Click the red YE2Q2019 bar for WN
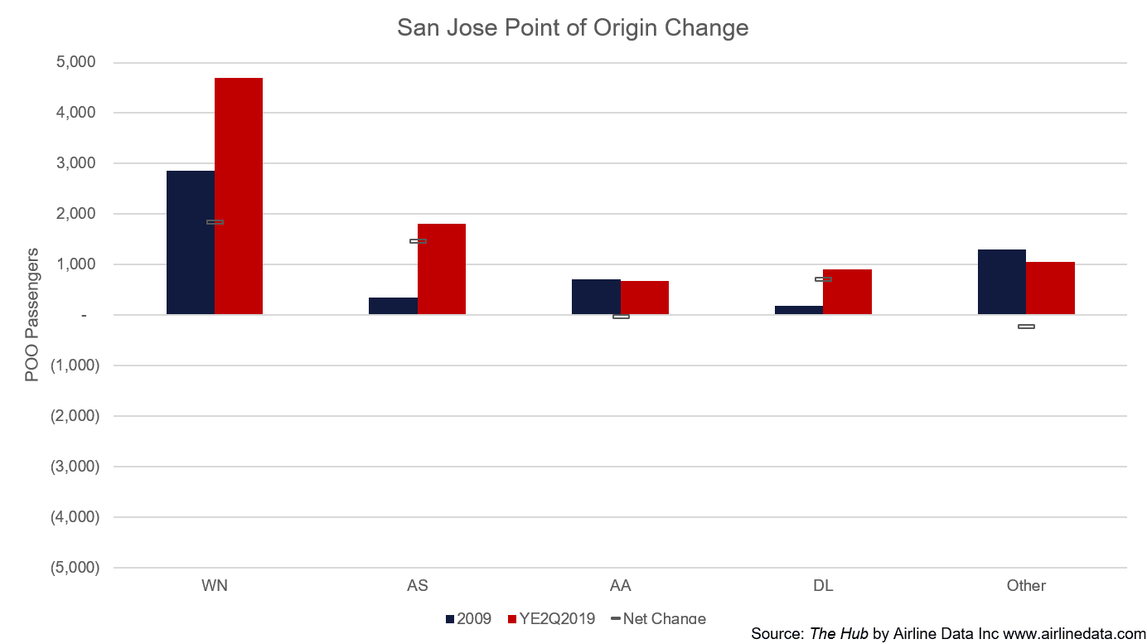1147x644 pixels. pyautogui.click(x=239, y=196)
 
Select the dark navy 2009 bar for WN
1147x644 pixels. pyautogui.click(x=191, y=243)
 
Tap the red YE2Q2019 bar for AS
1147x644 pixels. pyautogui.click(x=442, y=269)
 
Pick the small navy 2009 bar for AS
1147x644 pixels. pyautogui.click(x=394, y=306)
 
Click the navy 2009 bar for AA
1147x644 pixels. pyautogui.click(x=596, y=297)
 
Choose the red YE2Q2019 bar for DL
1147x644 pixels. pyautogui.click(x=848, y=292)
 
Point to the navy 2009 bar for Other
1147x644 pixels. pyautogui.click(x=1002, y=282)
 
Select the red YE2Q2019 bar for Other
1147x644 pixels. pyautogui.click(x=1050, y=288)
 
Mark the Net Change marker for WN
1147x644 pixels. pyautogui.click(x=215, y=222)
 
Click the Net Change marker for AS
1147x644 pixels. pyautogui.click(x=418, y=241)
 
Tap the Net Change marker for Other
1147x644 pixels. pyautogui.click(x=1026, y=327)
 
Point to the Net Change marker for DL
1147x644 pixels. pyautogui.click(x=824, y=279)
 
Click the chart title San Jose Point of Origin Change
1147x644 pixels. pyautogui.click(x=573, y=27)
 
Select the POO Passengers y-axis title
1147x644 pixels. pyautogui.click(x=31, y=315)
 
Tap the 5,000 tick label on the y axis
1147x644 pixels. pyautogui.click(x=75, y=62)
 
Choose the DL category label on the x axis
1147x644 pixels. pyautogui.click(x=824, y=586)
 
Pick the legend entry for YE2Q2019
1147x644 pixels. pyautogui.click(x=551, y=619)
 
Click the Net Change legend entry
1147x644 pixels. pyautogui.click(x=659, y=619)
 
